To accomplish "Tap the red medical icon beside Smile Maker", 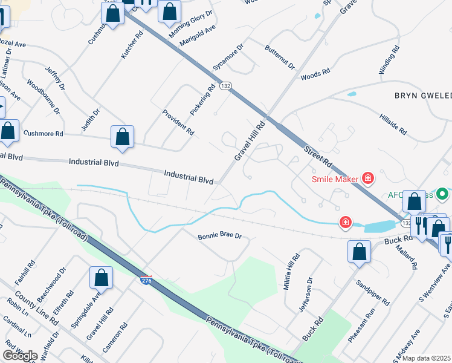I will [367, 178].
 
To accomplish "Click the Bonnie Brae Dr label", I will [219, 236].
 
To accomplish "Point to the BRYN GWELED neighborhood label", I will [422, 96].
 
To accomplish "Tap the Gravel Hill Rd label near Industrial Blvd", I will [250, 142].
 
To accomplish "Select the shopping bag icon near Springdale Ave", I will [102, 277].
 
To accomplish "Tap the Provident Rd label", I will [178, 122].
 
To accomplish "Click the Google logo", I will [20, 356].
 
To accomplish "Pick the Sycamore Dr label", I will [227, 57].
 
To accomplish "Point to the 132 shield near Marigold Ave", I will [225, 87].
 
